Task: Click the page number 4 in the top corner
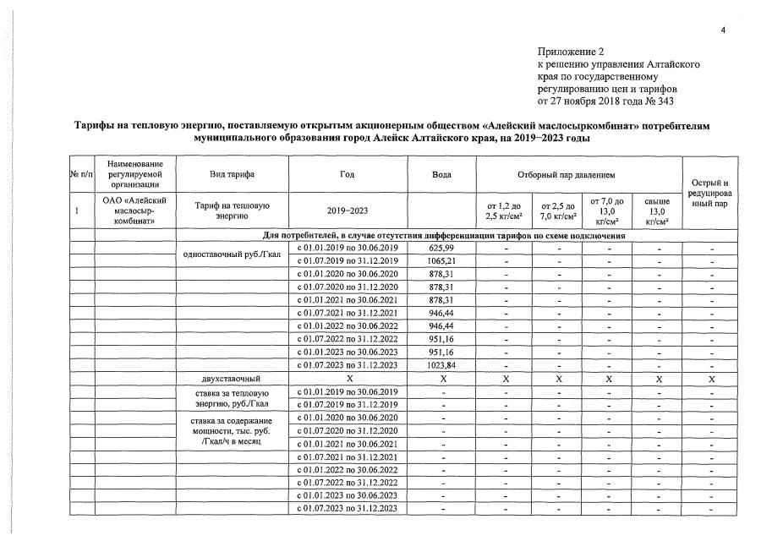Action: tap(723, 30)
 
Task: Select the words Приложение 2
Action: tap(571, 52)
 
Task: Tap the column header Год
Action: tap(348, 174)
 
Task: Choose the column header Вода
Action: tap(442, 174)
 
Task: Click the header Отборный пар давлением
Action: tap(579, 174)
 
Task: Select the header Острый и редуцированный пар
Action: tap(709, 194)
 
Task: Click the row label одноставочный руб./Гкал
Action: tap(232, 254)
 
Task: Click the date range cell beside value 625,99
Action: tap(348, 248)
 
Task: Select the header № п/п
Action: tap(80, 174)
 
